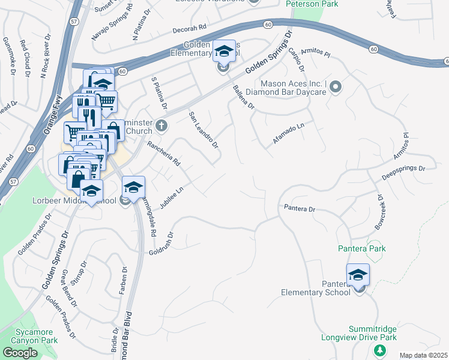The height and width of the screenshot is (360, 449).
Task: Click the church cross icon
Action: pyautogui.click(x=160, y=126)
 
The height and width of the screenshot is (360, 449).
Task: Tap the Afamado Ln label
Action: pyautogui.click(x=289, y=133)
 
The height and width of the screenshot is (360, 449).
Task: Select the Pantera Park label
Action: pyautogui.click(x=361, y=248)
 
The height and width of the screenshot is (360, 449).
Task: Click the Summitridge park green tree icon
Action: pyautogui.click(x=379, y=350)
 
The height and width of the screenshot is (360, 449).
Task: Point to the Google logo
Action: pyautogui.click(x=20, y=353)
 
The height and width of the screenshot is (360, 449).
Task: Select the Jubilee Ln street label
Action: pyautogui.click(x=171, y=197)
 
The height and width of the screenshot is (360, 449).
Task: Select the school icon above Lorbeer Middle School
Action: pyautogui.click(x=91, y=191)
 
